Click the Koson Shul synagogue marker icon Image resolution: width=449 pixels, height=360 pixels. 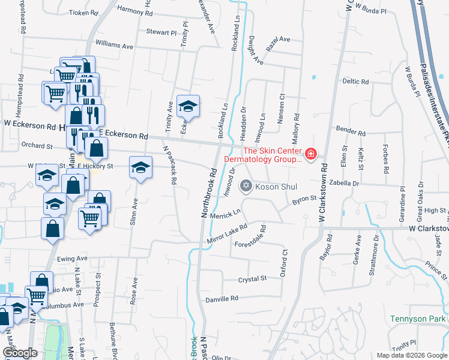coord(245,187)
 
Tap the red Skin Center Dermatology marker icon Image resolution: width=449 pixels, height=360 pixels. coord(310,155)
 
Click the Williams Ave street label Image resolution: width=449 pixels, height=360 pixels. coord(115,45)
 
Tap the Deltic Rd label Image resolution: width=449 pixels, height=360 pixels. coord(355,81)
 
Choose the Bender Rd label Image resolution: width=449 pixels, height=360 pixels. coord(351,131)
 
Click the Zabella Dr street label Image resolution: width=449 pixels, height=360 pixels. coord(344,182)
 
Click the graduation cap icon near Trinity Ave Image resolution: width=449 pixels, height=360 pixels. coord(188,107)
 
